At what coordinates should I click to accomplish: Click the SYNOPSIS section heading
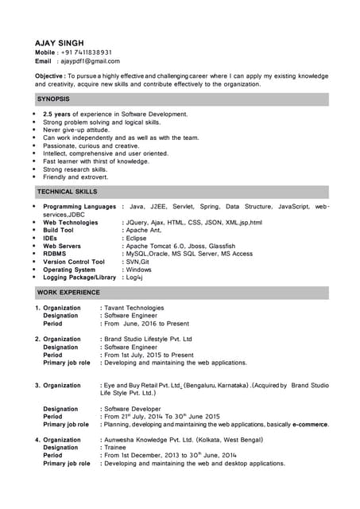pos(53,99)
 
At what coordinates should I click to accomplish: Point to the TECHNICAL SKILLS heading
pos(67,192)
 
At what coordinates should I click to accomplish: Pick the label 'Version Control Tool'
pos(74,262)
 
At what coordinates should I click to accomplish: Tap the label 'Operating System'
pos(69,270)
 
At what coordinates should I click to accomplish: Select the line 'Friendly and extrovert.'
pos(75,177)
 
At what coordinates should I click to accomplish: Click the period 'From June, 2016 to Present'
pos(147,324)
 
